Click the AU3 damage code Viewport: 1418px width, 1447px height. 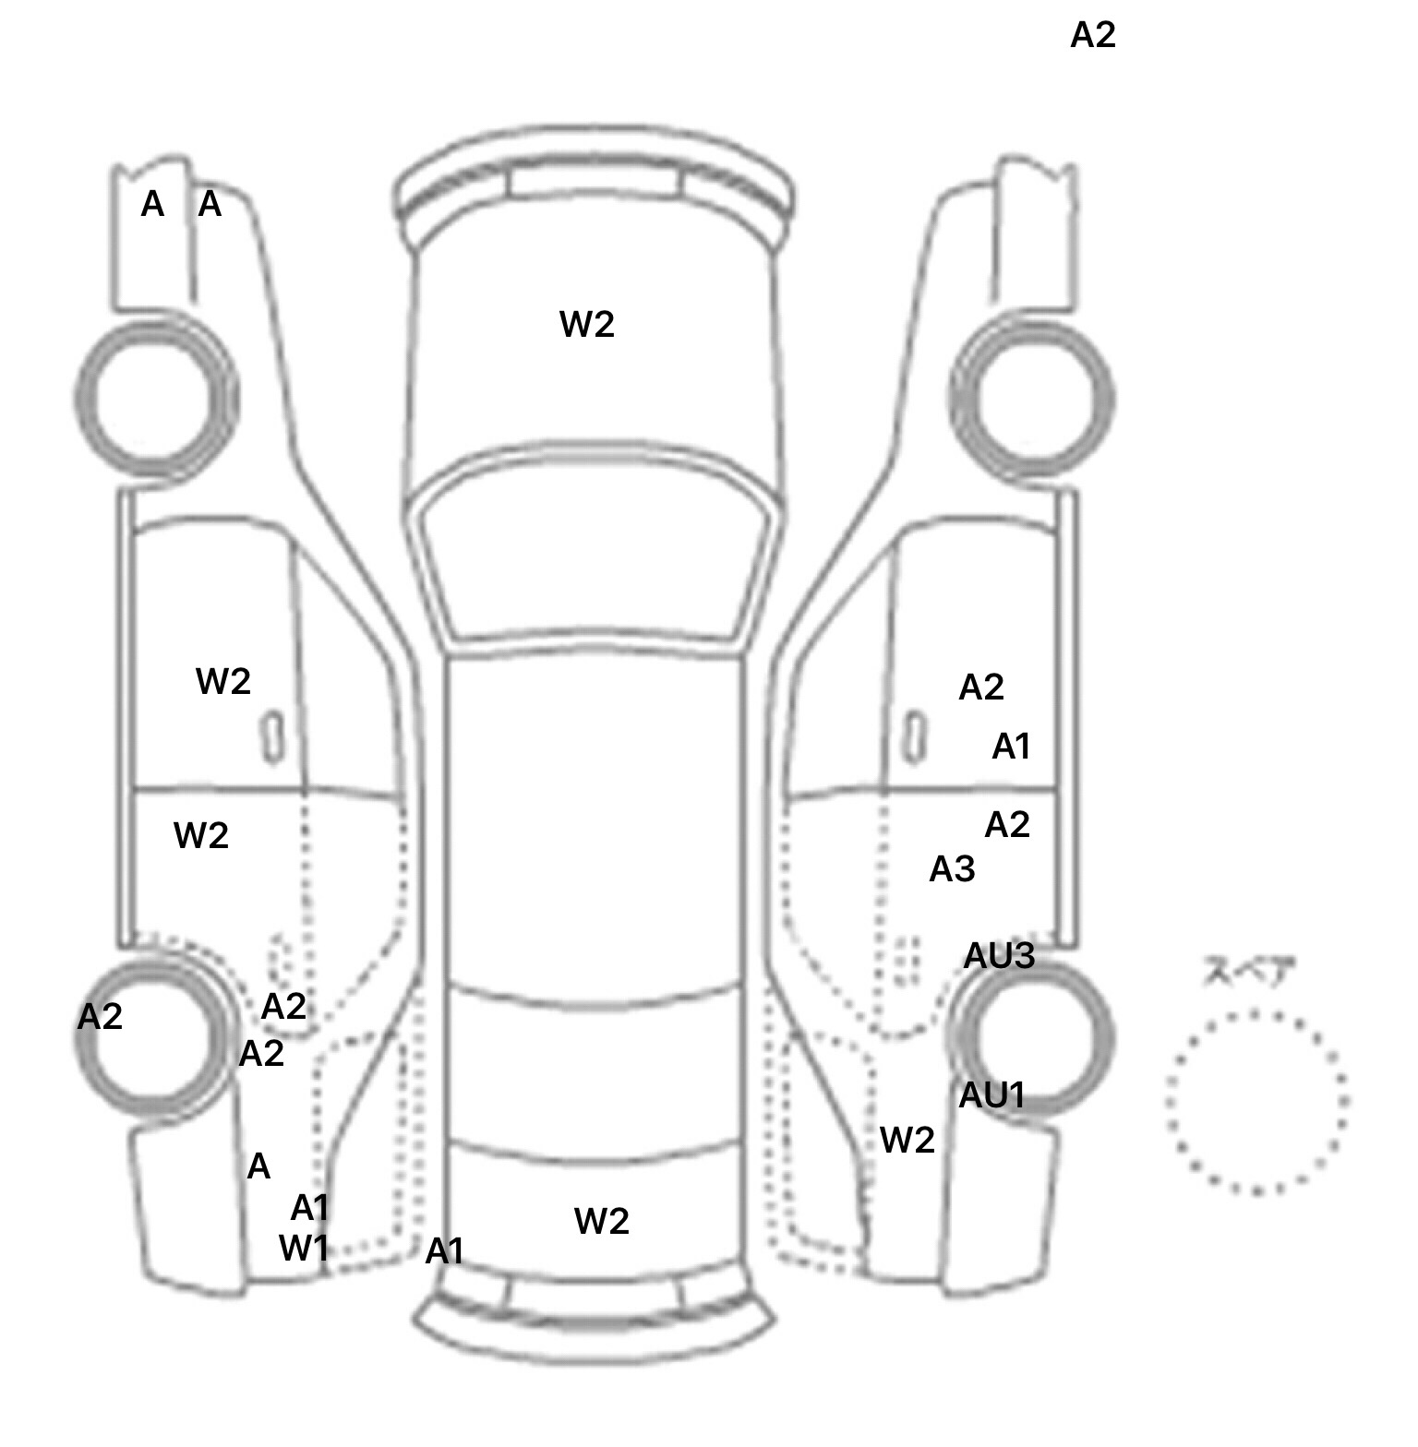999,957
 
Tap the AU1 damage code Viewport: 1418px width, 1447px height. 992,1095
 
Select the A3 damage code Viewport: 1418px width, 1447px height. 952,869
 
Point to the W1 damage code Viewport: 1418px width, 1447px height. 304,1249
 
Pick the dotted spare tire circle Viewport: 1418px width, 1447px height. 1256,1102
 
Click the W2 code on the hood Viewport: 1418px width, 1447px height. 587,325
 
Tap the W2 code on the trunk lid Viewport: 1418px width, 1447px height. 602,1222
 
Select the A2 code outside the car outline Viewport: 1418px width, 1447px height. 1093,36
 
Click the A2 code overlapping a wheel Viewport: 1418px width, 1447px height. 100,1017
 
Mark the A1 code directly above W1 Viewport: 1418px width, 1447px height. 310,1207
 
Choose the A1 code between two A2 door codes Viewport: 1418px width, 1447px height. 1011,747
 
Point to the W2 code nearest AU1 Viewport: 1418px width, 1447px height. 907,1142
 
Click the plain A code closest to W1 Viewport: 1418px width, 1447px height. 258,1167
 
